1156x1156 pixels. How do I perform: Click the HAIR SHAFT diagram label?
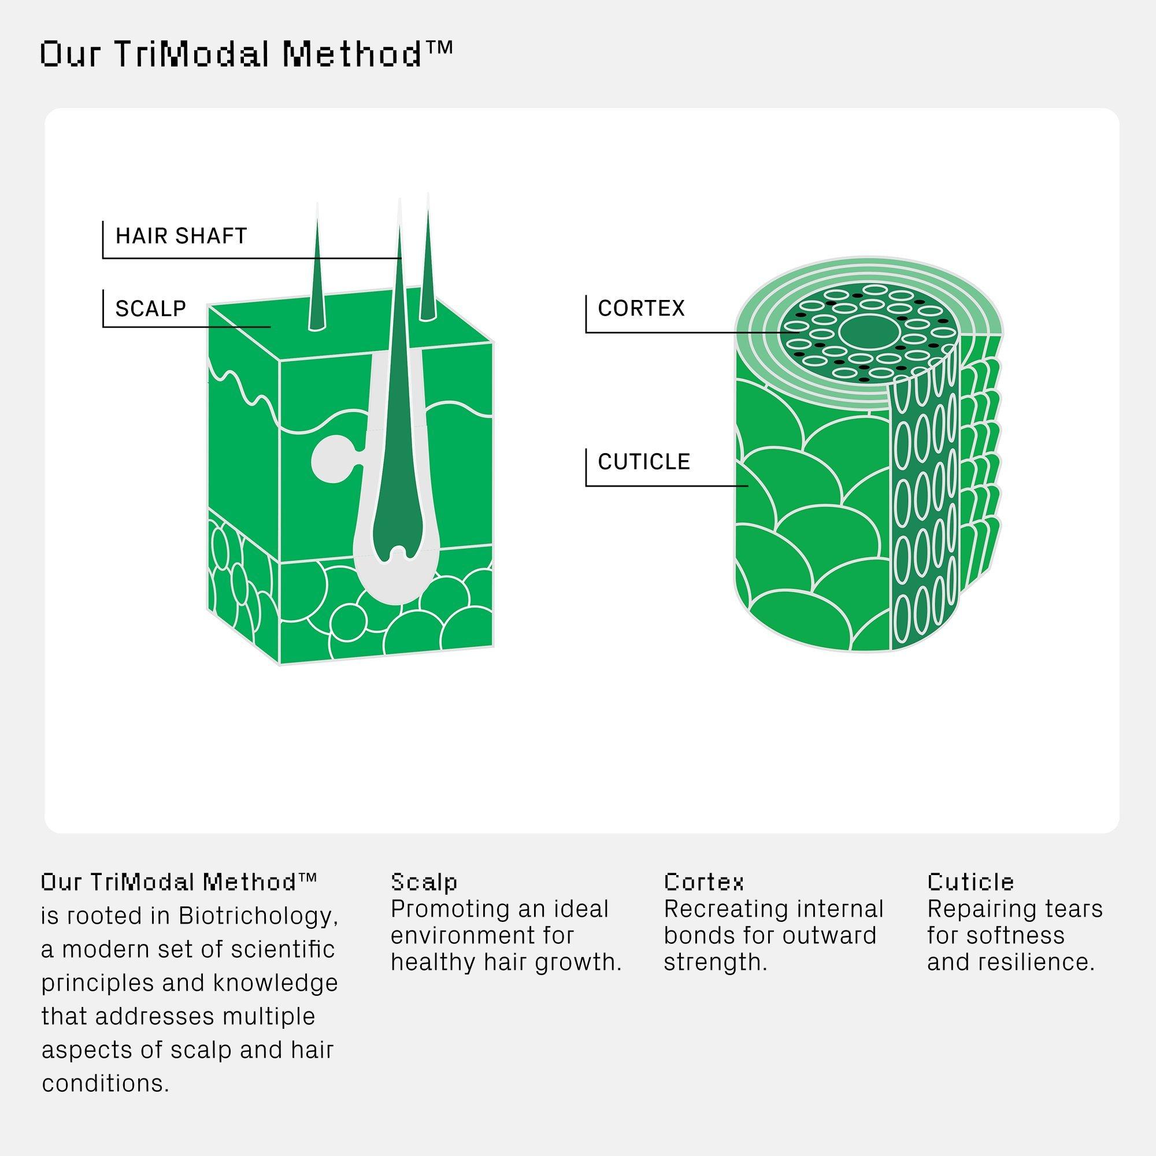(181, 236)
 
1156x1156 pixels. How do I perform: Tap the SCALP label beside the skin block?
(151, 309)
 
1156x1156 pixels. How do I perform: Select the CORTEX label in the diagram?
(641, 308)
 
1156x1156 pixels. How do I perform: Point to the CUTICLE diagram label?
(644, 462)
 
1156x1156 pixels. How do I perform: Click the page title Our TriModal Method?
(246, 55)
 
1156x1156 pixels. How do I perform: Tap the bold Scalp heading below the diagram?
(424, 882)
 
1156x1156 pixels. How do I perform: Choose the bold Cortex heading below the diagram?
(703, 882)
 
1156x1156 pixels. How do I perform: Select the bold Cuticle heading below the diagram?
(970, 882)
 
